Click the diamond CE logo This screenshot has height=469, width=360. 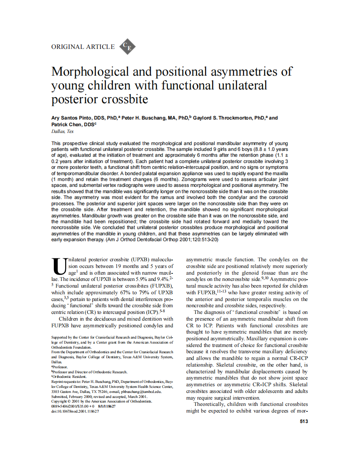[127, 47]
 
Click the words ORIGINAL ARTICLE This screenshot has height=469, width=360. [83, 47]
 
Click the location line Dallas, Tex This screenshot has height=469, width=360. [62, 131]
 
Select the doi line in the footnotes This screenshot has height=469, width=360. [75, 411]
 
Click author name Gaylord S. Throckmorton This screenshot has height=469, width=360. [221, 118]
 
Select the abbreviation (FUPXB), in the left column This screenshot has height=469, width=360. [162, 285]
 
